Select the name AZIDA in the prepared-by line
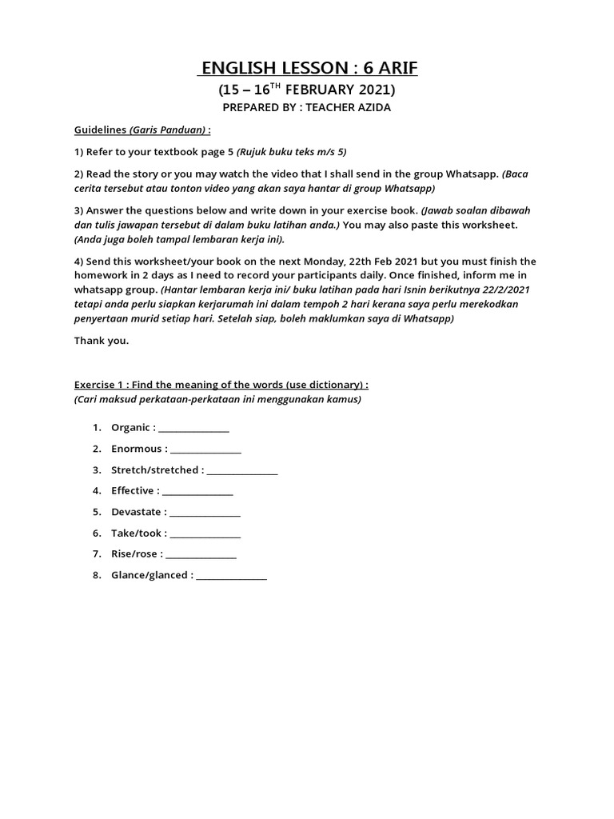[x=372, y=108]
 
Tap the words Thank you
[x=102, y=340]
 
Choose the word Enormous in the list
[x=137, y=449]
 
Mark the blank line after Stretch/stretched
[x=242, y=471]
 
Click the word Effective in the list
[x=133, y=490]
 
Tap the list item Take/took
[x=137, y=533]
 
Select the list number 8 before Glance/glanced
[x=97, y=575]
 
